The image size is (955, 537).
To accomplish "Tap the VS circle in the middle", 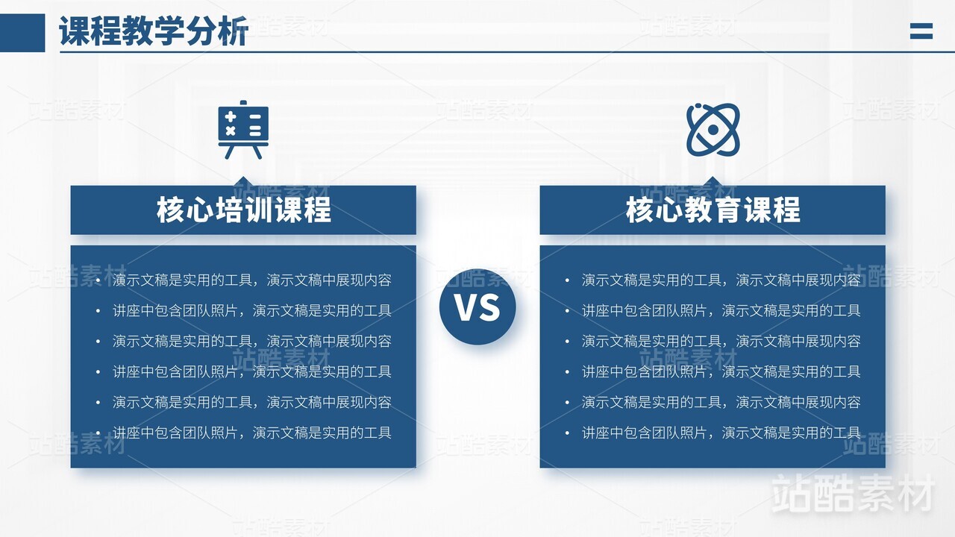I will (x=477, y=307).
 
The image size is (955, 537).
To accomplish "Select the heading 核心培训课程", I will (x=243, y=210).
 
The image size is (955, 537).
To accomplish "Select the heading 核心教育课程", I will (x=713, y=210).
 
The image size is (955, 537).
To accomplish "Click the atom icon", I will (x=713, y=130).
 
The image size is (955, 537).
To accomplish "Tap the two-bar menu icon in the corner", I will (x=921, y=31).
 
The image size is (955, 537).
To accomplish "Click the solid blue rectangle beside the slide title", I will (x=22, y=33).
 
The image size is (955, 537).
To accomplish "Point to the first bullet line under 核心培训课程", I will (x=251, y=280).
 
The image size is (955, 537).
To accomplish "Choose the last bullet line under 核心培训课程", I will (x=251, y=433).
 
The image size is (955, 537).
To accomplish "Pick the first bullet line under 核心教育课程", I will (x=721, y=280).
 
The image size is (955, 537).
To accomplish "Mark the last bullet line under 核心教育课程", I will (x=721, y=433).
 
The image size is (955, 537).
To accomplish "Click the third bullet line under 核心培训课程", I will (x=251, y=342).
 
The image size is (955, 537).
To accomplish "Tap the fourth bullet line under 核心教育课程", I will (x=721, y=371).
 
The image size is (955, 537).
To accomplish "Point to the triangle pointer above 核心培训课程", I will (x=243, y=181).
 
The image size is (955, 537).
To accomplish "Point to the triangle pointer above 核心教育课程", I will (x=713, y=181).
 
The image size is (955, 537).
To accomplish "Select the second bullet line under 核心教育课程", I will (x=721, y=311).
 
